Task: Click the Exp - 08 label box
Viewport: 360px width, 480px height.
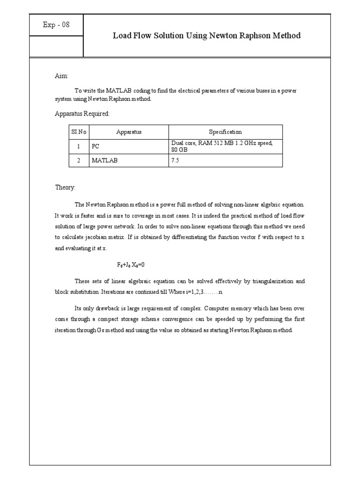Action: click(x=56, y=25)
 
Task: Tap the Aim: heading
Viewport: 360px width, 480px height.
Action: click(x=61, y=76)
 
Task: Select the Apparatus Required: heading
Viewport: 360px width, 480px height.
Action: click(x=82, y=114)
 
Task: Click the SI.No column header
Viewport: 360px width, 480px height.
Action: click(x=79, y=132)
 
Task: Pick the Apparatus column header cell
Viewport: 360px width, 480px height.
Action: click(x=129, y=132)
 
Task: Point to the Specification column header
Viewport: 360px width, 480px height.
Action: click(x=225, y=132)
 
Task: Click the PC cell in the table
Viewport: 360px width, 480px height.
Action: click(x=96, y=146)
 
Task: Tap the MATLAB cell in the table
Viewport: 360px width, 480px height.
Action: click(x=105, y=160)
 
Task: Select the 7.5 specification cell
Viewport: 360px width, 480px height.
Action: click(x=175, y=160)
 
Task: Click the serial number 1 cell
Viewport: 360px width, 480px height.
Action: click(x=79, y=146)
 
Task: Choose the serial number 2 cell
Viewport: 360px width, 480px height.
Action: click(x=79, y=160)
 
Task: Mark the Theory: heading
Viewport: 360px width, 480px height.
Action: click(x=65, y=187)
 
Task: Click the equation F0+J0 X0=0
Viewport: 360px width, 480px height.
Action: click(x=135, y=264)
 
